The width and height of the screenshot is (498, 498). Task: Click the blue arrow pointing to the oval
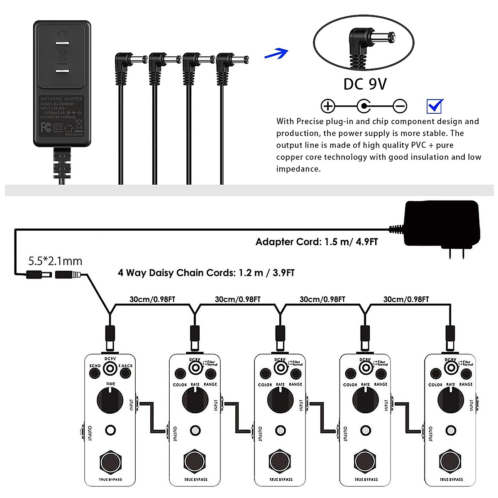tap(277, 54)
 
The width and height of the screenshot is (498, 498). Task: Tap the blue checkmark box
tap(435, 106)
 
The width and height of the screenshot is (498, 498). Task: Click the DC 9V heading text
tap(365, 84)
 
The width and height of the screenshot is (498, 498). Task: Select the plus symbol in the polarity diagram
tap(328, 106)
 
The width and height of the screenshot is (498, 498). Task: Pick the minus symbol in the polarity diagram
tap(400, 106)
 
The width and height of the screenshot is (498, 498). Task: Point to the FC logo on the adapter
tap(46, 127)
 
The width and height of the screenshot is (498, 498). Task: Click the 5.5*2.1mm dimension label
tap(55, 261)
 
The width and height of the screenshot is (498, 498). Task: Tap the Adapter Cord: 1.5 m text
tap(317, 242)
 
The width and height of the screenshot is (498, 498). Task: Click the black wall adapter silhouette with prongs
tap(442, 226)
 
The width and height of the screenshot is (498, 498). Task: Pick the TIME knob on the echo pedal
tap(110, 400)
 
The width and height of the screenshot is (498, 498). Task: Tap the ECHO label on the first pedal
tap(95, 366)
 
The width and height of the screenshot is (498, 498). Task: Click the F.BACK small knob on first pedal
tap(125, 373)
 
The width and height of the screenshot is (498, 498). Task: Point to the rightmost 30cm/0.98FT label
tap(406, 299)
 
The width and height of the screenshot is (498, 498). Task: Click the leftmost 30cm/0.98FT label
tap(152, 299)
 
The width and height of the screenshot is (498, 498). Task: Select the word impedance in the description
tap(298, 169)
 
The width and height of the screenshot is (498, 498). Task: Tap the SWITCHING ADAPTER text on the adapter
tap(61, 99)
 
